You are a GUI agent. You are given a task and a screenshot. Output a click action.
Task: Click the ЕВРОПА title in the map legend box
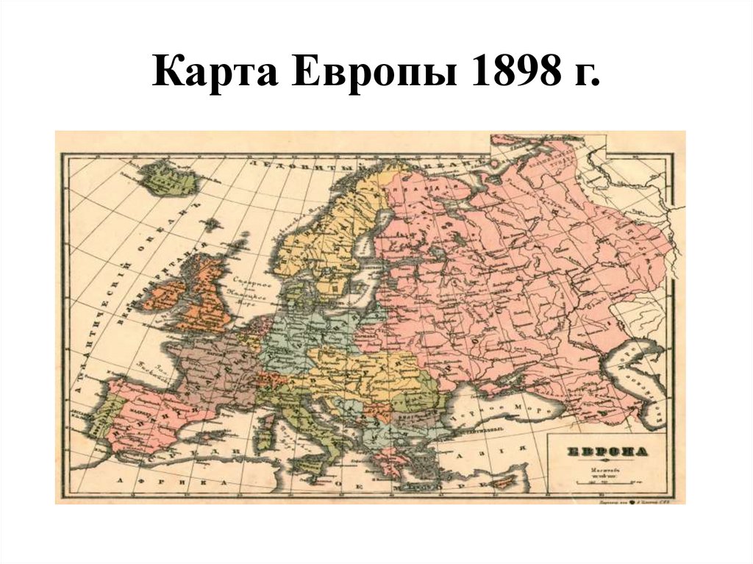[605, 451]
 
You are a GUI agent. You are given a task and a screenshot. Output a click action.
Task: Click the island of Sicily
[318, 470]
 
